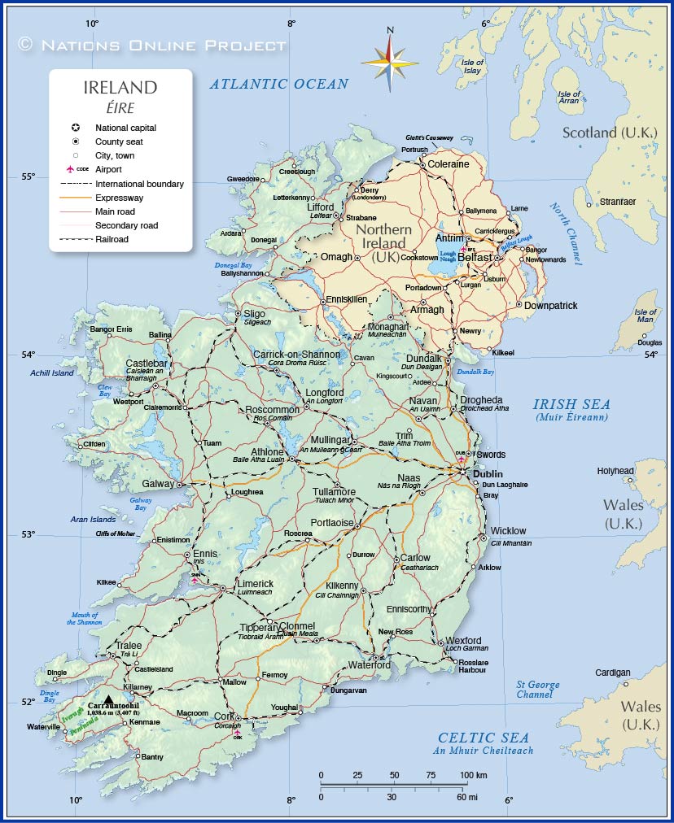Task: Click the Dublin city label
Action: coord(488,474)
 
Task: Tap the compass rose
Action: coord(390,62)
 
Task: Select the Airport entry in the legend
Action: coord(108,169)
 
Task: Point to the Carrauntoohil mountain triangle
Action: coord(109,698)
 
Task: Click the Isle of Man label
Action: coord(646,316)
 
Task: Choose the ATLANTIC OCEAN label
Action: coord(279,84)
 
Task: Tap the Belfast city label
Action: coord(475,257)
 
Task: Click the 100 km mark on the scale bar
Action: coord(474,775)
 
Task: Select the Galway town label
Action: coord(159,484)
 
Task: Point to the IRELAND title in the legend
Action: coord(120,88)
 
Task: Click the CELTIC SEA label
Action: coord(484,737)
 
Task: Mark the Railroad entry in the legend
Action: coord(112,239)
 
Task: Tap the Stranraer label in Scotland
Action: coord(617,201)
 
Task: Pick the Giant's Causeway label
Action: coord(429,138)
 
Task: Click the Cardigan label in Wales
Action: coord(612,673)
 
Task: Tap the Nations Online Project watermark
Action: coord(152,45)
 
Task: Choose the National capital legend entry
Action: coord(125,128)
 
